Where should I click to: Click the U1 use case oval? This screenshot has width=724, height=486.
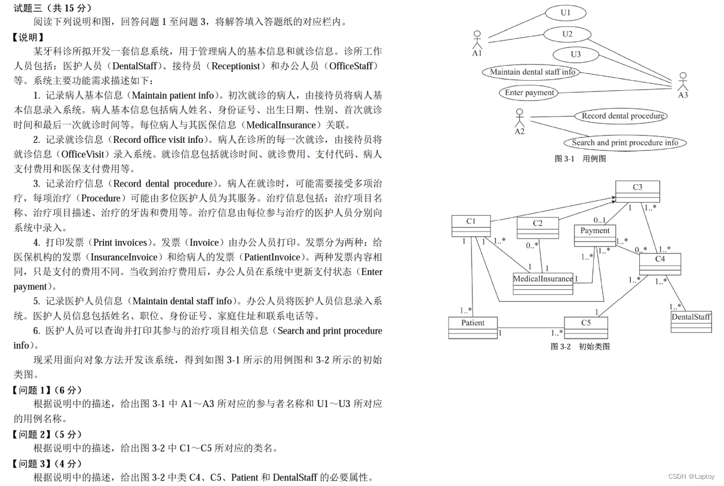[565, 13]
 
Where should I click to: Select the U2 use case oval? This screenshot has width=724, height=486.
[567, 34]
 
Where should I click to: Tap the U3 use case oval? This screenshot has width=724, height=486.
[575, 54]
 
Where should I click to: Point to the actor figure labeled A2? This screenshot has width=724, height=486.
[520, 118]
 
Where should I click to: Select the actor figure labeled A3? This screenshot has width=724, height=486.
[683, 82]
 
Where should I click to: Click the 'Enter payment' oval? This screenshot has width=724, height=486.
[529, 93]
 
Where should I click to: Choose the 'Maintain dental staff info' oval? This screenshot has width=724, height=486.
[532, 72]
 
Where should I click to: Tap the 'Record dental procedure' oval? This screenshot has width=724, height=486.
[621, 116]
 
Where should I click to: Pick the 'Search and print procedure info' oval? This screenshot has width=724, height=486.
[625, 143]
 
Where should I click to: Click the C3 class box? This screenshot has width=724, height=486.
[637, 191]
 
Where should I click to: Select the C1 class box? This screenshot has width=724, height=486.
[471, 225]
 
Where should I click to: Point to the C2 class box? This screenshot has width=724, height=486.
[538, 227]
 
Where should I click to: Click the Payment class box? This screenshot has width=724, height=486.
[594, 235]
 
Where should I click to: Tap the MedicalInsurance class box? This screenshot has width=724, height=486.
[542, 283]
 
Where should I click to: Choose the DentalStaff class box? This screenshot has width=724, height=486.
[691, 321]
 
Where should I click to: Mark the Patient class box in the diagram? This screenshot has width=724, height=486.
[473, 328]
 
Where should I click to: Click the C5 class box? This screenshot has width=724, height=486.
[585, 328]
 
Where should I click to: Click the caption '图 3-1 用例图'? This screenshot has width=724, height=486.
[581, 158]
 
